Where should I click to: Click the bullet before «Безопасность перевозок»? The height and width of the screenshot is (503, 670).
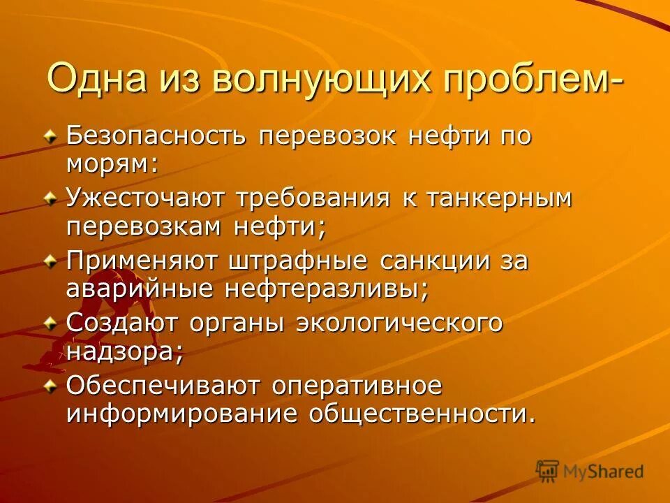(50, 134)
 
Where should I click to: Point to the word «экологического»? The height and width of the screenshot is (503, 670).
(399, 324)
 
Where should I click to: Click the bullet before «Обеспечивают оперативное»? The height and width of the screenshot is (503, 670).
(50, 386)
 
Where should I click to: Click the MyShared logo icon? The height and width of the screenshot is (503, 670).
(548, 470)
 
